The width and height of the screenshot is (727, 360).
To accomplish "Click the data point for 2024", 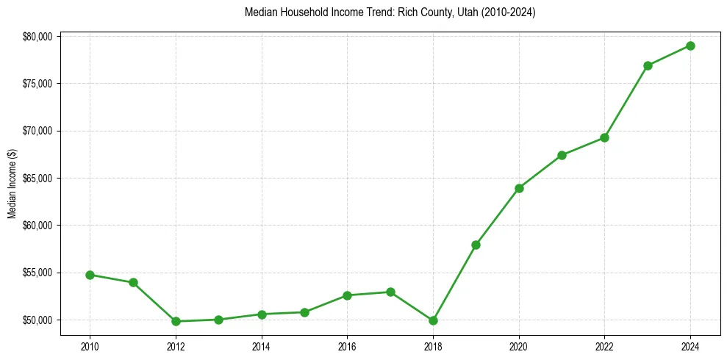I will pyautogui.click(x=690, y=46).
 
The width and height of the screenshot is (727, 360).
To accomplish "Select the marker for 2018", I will pyautogui.click(x=433, y=320).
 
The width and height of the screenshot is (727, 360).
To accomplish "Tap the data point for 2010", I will pyautogui.click(x=90, y=275).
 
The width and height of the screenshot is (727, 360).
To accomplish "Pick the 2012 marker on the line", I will pyautogui.click(x=176, y=321).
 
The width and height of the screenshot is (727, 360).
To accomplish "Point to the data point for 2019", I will pyautogui.click(x=476, y=245).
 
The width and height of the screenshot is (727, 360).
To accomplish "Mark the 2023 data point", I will pyautogui.click(x=648, y=65).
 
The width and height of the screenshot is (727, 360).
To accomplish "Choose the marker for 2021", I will pyautogui.click(x=562, y=155).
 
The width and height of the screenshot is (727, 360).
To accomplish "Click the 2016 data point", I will pyautogui.click(x=347, y=295).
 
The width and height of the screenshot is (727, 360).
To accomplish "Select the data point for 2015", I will pyautogui.click(x=304, y=312).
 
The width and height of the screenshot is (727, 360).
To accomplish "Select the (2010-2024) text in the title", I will pyautogui.click(x=503, y=12).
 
